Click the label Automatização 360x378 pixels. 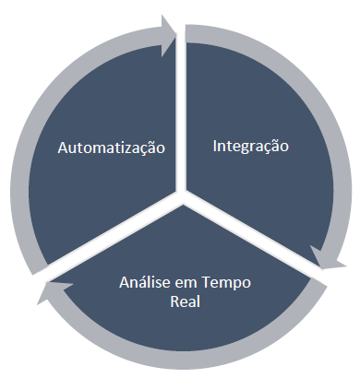tap(112, 148)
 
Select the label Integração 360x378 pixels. tap(251, 146)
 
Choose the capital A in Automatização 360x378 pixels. tap(63, 148)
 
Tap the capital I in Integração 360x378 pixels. tap(215, 146)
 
